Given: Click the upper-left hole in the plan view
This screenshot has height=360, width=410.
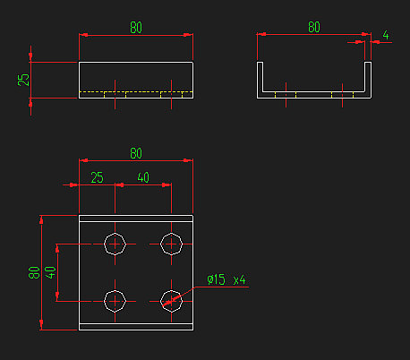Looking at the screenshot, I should coord(115,244).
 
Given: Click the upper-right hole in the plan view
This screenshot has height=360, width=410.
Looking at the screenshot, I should coord(172,244).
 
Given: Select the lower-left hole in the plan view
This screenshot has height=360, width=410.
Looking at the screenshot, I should coord(115,300).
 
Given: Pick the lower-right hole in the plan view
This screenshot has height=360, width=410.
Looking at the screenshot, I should coord(172,300).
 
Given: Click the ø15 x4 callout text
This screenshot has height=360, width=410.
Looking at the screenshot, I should coord(226,280).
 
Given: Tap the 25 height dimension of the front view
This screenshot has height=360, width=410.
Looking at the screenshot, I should coord(23,79).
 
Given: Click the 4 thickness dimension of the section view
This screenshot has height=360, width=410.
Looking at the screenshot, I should coord(386,36).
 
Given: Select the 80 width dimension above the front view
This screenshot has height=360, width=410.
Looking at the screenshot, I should coord(135,28).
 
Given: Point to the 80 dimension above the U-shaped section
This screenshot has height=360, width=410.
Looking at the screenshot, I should coord(313,28).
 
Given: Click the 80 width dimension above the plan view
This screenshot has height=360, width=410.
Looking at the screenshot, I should coord(135,153).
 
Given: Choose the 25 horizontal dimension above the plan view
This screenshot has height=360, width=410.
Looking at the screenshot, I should coord(97,177).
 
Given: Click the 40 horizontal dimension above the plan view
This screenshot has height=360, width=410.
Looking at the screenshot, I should coord(143,177).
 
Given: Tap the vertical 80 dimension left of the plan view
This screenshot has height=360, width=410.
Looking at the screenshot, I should coord(34,272).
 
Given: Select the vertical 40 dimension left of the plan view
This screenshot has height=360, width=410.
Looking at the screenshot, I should coord(51,272).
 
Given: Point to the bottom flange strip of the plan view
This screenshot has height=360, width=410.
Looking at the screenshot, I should coord(136,327).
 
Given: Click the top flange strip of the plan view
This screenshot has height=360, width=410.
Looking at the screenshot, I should coord(136,217).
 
